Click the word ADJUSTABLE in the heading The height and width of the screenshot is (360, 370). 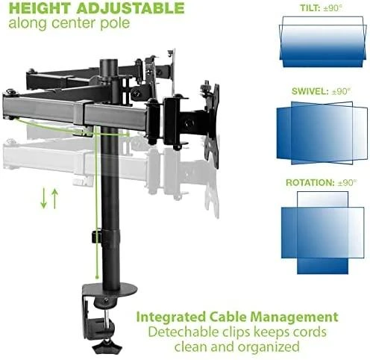pyautogui.click(x=131, y=8)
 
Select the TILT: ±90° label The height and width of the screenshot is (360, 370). pyautogui.click(x=322, y=8)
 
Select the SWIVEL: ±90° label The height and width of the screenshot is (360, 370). pyautogui.click(x=322, y=91)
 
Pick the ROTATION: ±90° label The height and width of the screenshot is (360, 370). pyautogui.click(x=322, y=182)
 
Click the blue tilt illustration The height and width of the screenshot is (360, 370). pyautogui.click(x=323, y=42)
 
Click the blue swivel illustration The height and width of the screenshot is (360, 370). pyautogui.click(x=322, y=133)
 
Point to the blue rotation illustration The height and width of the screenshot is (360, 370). pyautogui.click(x=323, y=233)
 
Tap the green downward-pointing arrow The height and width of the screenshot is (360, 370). pyautogui.click(x=43, y=198)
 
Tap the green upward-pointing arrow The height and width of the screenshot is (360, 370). pyautogui.click(x=55, y=199)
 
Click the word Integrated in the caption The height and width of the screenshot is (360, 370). pyautogui.click(x=171, y=317)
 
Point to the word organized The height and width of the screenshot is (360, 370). pyautogui.click(x=269, y=347)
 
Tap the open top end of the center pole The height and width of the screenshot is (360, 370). pyautogui.click(x=109, y=61)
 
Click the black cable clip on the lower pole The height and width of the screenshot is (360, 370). pyautogui.click(x=96, y=236)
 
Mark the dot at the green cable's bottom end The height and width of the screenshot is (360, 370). pyautogui.click(x=97, y=276)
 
